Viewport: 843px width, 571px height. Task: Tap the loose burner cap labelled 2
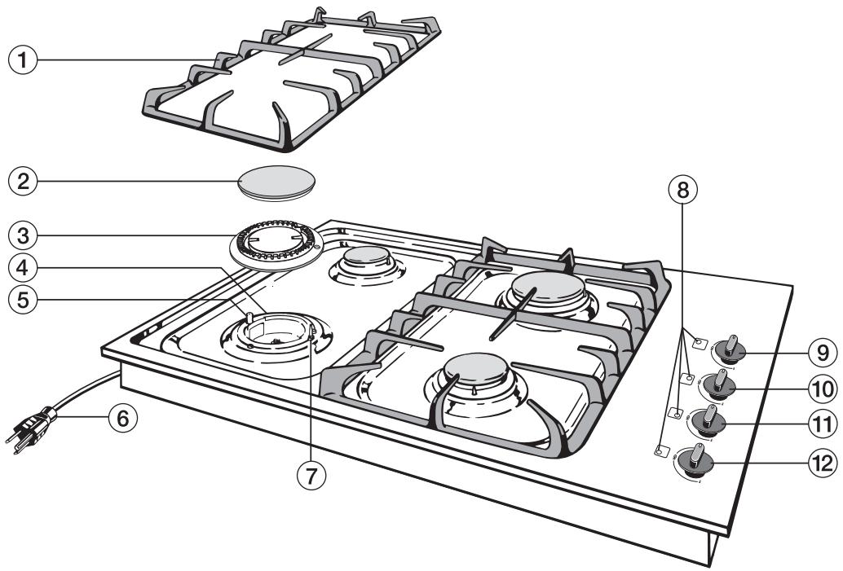click(x=275, y=182)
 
